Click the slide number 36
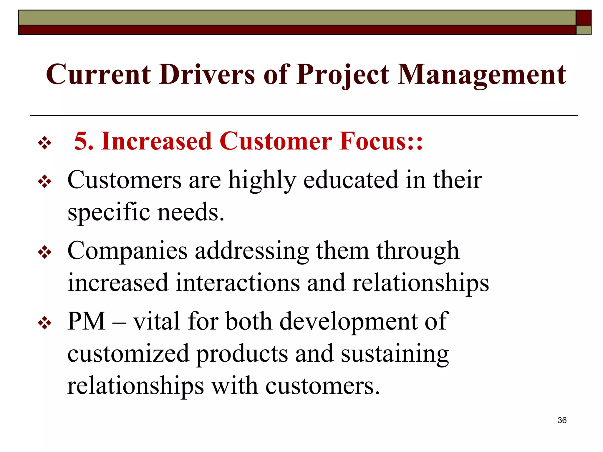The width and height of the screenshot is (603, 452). click(562, 420)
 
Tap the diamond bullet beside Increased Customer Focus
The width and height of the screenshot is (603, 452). click(44, 143)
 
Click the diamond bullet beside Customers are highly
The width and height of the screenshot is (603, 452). click(44, 182)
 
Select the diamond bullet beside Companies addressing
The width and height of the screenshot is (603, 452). click(44, 252)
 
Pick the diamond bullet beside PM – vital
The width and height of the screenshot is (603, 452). click(44, 323)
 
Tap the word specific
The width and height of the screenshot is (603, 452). click(109, 212)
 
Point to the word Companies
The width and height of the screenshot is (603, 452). click(127, 251)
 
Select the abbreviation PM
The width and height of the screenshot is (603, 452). click(86, 321)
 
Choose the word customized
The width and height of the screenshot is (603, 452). click(128, 354)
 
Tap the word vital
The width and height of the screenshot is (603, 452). click(156, 321)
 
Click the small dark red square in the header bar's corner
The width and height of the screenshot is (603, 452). click(583, 18)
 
